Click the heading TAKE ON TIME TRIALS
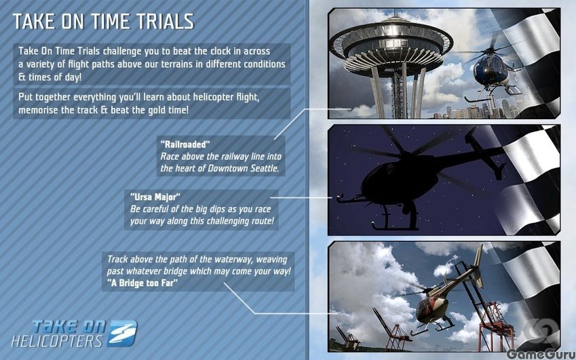tap(103, 22)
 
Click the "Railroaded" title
tap(185, 144)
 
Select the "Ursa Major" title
tap(155, 197)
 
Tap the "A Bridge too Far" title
tap(142, 283)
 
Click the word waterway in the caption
tap(233, 260)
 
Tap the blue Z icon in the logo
tap(123, 333)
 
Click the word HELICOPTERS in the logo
tap(57, 341)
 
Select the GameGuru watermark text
tap(540, 354)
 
